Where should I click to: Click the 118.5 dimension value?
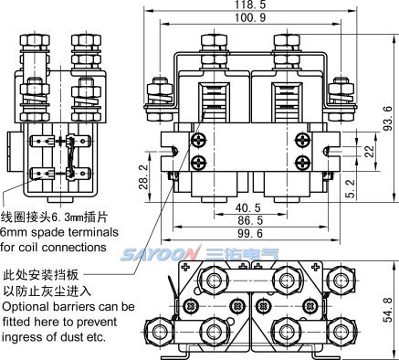click(250, 4)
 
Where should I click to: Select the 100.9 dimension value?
click(250, 17)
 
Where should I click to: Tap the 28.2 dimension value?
click(143, 177)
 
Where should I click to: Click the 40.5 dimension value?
click(248, 207)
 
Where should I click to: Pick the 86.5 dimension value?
click(250, 220)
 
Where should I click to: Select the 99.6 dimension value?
click(250, 234)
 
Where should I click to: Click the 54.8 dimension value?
click(388, 310)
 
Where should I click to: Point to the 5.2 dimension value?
click(351, 188)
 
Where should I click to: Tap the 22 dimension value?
click(369, 152)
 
